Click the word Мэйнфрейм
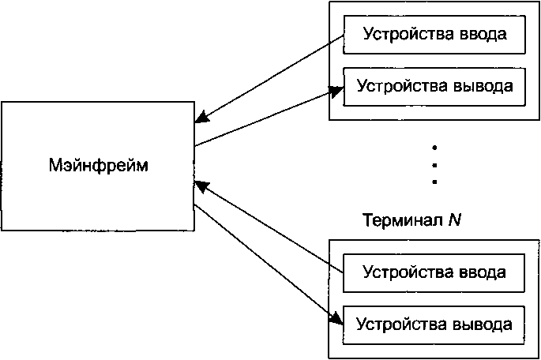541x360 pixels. point(99,165)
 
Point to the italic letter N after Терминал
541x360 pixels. point(455,219)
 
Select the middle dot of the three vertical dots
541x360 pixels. point(434,165)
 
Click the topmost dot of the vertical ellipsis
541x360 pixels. point(434,148)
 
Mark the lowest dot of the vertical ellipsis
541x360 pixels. point(434,182)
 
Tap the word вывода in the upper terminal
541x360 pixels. point(483,86)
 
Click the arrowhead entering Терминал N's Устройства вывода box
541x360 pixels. point(336,318)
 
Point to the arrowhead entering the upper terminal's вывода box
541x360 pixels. point(336,91)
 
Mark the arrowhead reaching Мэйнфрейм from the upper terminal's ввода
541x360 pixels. point(202,118)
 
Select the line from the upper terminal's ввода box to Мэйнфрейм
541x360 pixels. point(269,79)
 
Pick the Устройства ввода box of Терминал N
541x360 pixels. point(434,272)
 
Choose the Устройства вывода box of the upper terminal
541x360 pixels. point(434,87)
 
